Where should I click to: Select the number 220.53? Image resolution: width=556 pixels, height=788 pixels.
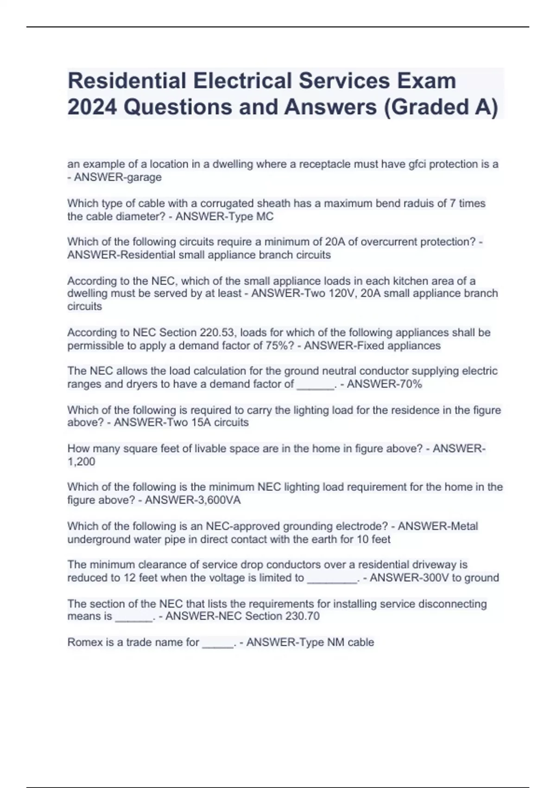pyautogui.click(x=217, y=333)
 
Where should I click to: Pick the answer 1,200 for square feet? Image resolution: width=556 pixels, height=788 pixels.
pyautogui.click(x=81, y=462)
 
